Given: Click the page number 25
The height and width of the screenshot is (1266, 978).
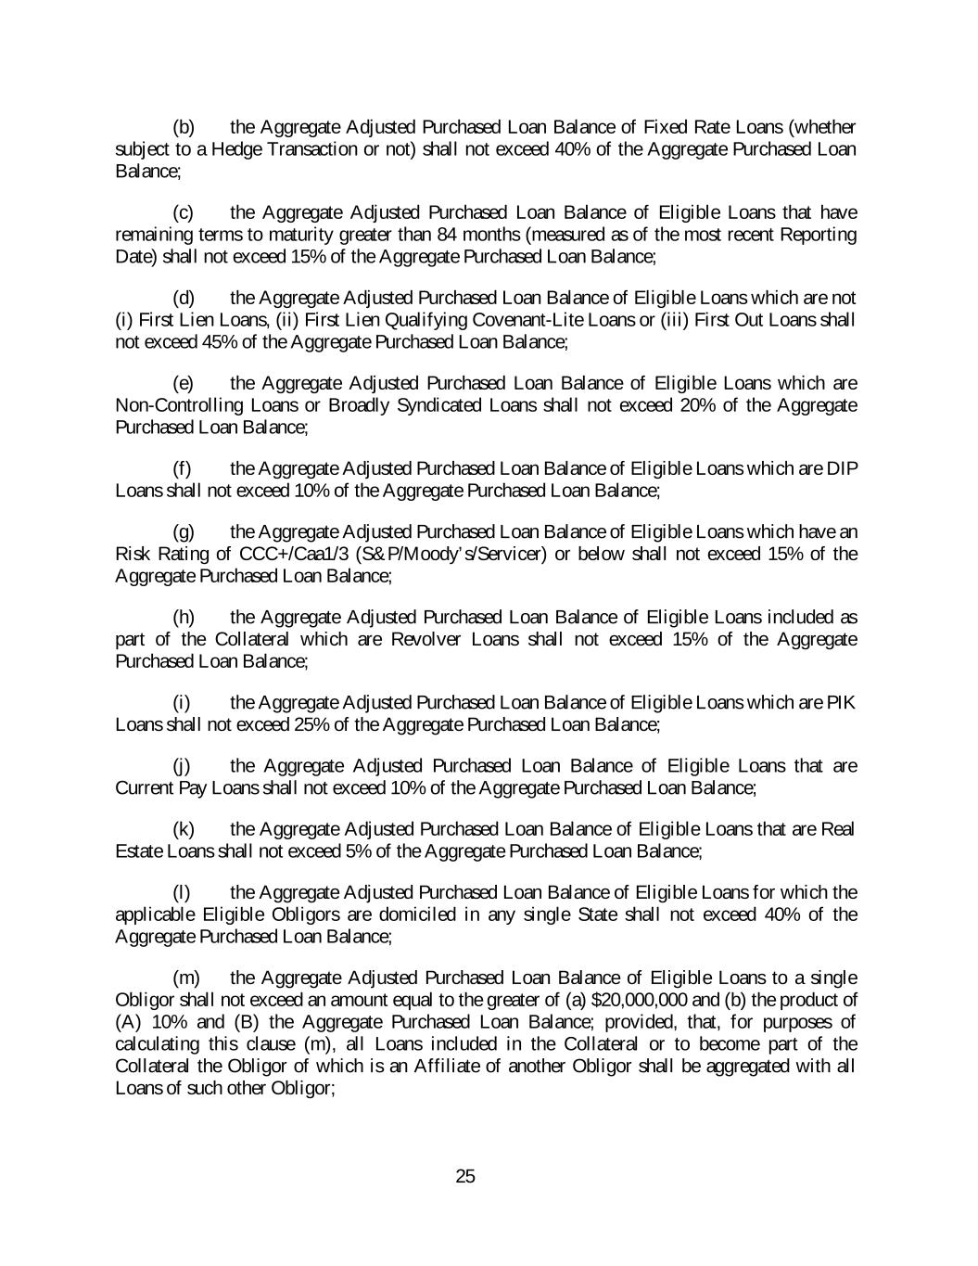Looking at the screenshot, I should pos(465,1177).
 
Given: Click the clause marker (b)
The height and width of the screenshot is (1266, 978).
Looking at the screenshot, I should pos(184,127).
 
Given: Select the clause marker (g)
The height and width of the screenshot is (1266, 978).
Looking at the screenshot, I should pos(184,532).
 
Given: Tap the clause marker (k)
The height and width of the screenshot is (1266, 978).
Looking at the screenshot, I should pos(184,829).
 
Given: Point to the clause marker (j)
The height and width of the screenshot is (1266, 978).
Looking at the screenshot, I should pos(182,766).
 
